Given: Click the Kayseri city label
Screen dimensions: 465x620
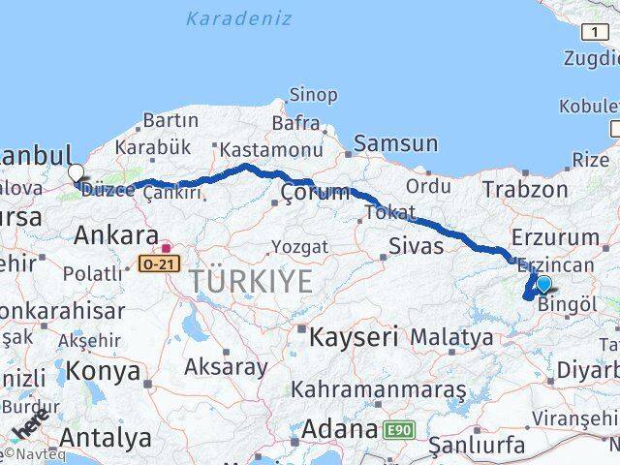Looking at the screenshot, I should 354,338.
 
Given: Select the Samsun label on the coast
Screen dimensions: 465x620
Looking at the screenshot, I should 395,144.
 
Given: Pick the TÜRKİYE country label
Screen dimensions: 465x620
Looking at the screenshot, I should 251,282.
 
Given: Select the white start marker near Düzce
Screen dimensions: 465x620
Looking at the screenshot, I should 76,174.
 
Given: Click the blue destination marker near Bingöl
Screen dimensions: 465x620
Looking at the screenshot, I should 543,284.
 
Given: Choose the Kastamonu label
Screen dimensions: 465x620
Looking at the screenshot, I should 257,150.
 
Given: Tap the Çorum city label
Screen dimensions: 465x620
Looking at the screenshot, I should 315,194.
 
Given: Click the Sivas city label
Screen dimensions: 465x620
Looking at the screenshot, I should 416,246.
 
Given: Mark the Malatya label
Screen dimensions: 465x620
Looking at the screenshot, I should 451,337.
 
